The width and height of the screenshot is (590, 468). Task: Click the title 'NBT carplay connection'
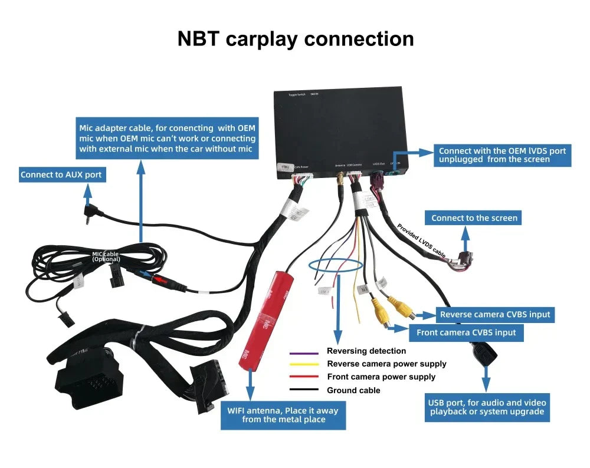click(296, 39)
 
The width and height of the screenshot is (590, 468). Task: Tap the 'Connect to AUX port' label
click(61, 174)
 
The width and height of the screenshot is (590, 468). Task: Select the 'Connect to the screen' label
click(474, 218)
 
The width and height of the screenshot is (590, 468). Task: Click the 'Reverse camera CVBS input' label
click(494, 315)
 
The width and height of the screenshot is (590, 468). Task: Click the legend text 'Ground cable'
click(353, 390)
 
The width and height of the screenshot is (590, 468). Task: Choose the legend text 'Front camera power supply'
click(381, 377)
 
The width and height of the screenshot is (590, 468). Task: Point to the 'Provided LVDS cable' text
click(421, 239)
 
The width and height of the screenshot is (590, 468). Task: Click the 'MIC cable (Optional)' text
click(106, 256)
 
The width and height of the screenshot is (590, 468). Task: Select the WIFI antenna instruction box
click(284, 415)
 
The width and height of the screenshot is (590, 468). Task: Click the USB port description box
click(487, 407)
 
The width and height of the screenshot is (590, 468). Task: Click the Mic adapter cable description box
click(168, 139)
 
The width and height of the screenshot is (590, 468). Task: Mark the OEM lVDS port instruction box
click(502, 155)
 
